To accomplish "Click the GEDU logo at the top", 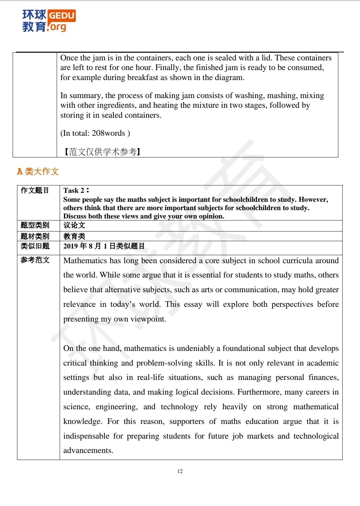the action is point(49,20).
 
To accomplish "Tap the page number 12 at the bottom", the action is point(180,471).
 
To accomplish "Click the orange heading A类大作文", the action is point(38,171).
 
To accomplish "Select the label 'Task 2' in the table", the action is point(74,190).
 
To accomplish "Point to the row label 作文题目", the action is point(35,190).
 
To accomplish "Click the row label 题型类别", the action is point(35,225).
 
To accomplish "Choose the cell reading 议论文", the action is point(74,225).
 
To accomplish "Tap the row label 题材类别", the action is point(35,236).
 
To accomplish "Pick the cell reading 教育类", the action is point(74,236).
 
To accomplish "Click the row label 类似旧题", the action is point(35,246).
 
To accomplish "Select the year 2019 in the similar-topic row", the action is point(71,246).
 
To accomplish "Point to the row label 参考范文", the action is point(35,260).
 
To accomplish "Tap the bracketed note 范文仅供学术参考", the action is point(102,152).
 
